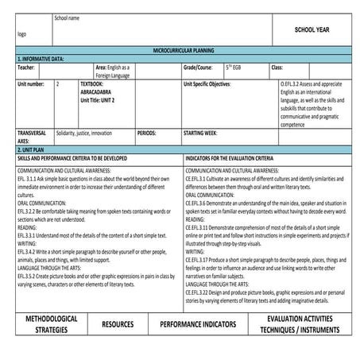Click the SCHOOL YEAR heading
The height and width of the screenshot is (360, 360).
coord(312,29)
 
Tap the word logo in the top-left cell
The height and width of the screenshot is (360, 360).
coord(21,35)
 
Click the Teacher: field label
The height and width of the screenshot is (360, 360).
coord(26,68)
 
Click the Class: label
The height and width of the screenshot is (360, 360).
coord(277,68)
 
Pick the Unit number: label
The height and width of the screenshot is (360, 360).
coord(30,83)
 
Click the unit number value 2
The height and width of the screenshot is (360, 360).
coord(58,83)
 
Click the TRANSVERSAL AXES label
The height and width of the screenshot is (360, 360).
coord(32,137)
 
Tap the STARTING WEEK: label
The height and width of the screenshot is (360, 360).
coord(206,133)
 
